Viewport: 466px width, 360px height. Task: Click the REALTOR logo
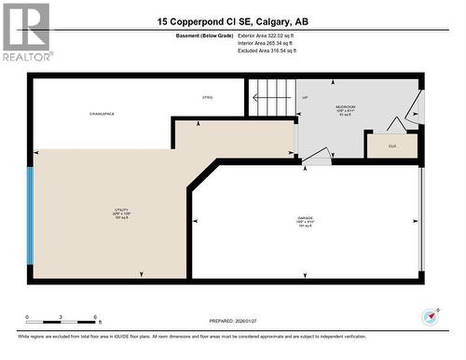[26, 33]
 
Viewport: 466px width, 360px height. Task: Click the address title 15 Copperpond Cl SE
[232, 21]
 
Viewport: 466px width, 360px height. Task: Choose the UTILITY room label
[121, 214]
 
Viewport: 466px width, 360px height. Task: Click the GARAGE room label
[306, 222]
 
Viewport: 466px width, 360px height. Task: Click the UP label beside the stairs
[304, 97]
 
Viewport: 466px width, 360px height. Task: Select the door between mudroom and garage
[317, 156]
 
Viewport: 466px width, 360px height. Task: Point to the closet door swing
[396, 124]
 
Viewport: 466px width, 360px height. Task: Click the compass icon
[430, 314]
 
